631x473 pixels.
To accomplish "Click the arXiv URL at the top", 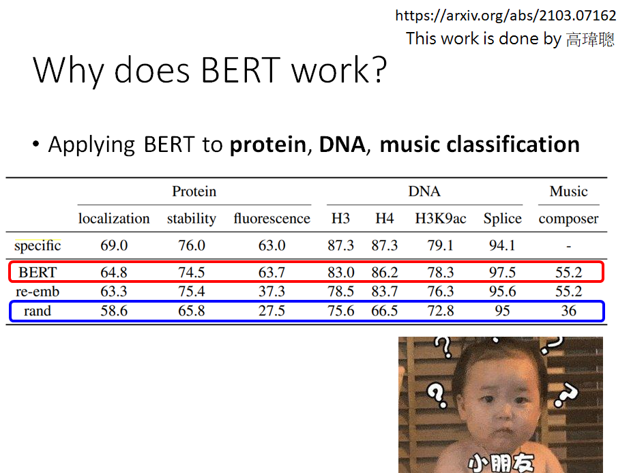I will coord(505,16).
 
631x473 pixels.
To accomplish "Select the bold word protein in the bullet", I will coord(267,144).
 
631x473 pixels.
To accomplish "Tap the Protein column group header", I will coord(194,192).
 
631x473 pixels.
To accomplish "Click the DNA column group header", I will coord(424,192).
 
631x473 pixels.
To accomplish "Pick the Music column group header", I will coord(568,192).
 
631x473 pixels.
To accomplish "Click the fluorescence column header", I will coord(272,219).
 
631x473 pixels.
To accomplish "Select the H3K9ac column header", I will coord(441,219).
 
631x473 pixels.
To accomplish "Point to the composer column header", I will coord(568,219).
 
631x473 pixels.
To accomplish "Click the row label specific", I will coord(38,245).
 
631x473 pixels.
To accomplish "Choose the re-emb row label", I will coord(38,292).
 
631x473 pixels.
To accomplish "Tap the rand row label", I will coord(38,311).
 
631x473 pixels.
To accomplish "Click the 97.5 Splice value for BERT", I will coord(502,273).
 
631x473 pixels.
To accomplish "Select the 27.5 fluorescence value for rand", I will coord(272,311).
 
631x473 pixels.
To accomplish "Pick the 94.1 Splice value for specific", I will coord(502,245).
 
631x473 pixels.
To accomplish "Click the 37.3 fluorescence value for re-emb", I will coord(272,292).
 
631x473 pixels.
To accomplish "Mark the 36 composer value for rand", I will coord(568,311).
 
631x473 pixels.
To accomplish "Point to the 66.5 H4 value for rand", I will coord(385,311).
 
